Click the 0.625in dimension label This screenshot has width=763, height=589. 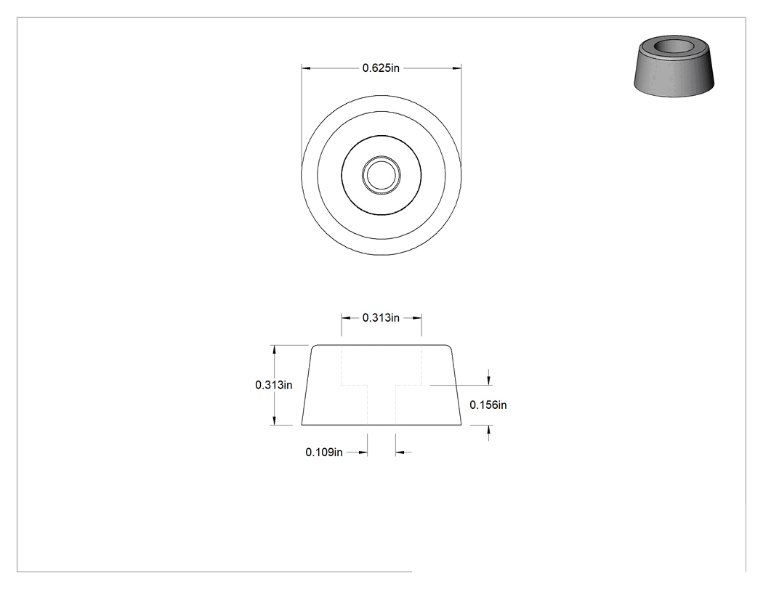click(x=381, y=68)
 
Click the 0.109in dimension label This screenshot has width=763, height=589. click(x=323, y=452)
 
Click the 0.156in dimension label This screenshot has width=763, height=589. click(x=488, y=405)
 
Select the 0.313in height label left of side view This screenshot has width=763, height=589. click(x=273, y=385)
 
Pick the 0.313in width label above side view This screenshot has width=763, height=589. click(x=381, y=317)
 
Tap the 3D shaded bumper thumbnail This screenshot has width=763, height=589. click(x=674, y=65)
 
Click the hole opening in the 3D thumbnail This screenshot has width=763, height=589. click(x=674, y=47)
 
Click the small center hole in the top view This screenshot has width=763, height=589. click(x=381, y=175)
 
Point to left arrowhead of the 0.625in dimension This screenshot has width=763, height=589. click(x=306, y=68)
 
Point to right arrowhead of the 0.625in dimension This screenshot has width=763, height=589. click(x=457, y=68)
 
